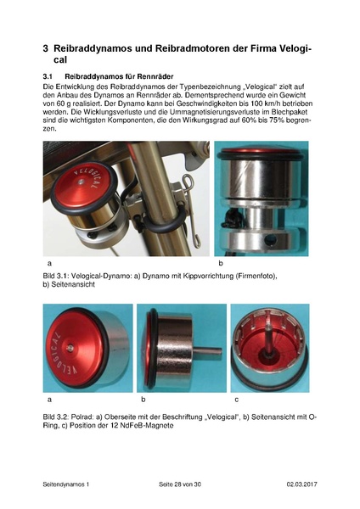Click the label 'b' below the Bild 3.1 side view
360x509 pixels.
click(x=220, y=265)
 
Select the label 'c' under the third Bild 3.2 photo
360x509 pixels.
click(x=236, y=398)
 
